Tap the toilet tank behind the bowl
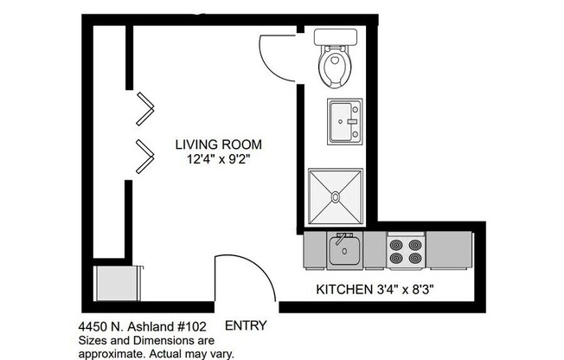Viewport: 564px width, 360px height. coord(335,36)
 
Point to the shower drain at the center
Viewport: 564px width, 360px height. coord(335,197)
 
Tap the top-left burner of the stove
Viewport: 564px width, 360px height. coord(397,244)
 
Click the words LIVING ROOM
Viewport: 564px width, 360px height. coord(218,144)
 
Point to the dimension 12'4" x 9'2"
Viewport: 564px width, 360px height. coord(218,159)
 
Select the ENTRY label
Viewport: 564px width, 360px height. coord(245,326)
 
